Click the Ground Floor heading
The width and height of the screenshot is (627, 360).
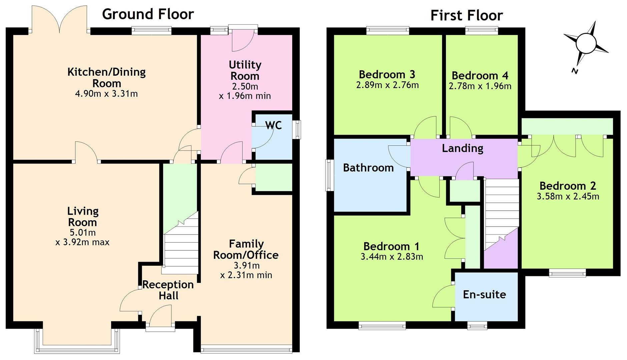[148, 14]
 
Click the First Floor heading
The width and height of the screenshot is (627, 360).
[467, 15]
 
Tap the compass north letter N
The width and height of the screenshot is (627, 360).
[574, 71]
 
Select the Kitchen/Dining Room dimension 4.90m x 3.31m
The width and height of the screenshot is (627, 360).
[106, 94]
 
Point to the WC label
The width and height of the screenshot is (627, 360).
[273, 125]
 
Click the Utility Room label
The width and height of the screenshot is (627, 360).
[245, 70]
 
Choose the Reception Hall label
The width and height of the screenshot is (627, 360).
[168, 290]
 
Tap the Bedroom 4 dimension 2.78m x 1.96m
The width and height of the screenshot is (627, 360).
[480, 86]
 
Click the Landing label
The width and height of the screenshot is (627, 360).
[463, 148]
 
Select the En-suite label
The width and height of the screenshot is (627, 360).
[484, 294]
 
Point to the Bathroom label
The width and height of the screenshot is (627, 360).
[368, 167]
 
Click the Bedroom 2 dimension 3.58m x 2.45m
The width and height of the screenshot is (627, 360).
[568, 196]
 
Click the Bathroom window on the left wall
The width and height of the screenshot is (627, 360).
[329, 175]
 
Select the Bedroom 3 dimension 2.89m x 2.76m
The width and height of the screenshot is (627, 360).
[387, 85]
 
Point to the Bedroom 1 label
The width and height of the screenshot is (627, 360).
[391, 246]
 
